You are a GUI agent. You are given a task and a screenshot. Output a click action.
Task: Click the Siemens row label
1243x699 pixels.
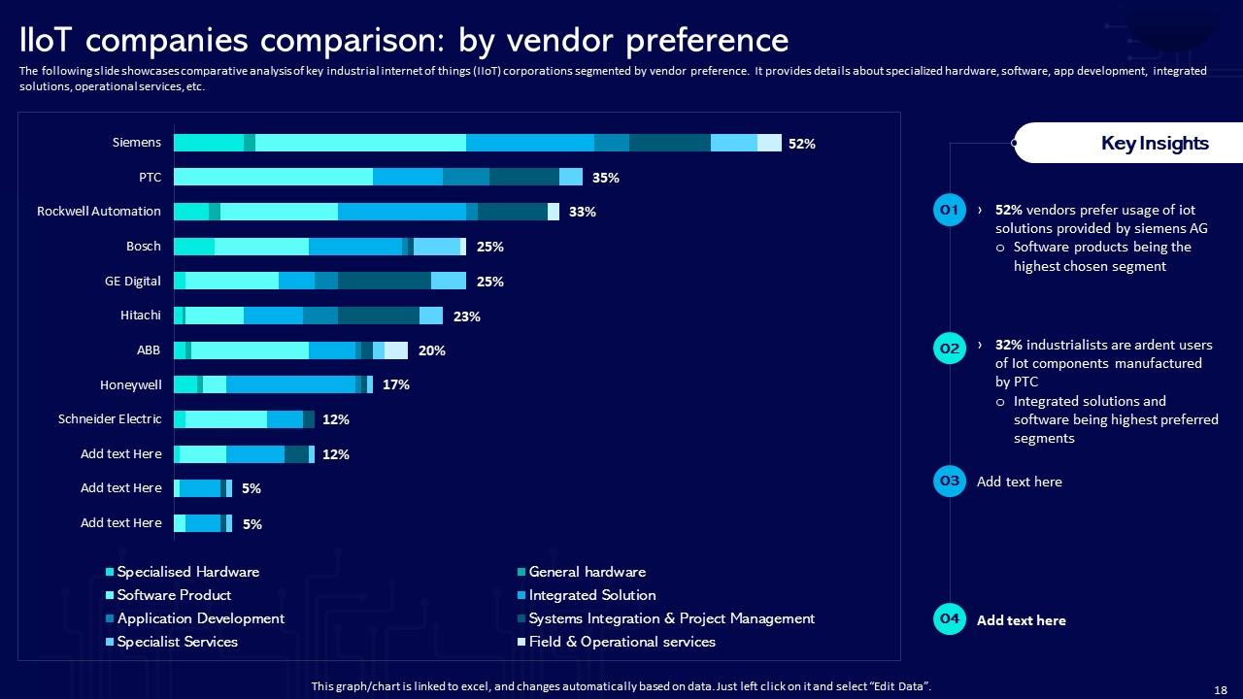[137, 143]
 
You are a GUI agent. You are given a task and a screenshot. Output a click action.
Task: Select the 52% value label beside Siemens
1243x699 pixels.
[801, 144]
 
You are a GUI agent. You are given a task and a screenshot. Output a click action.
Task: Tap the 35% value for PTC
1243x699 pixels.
[605, 178]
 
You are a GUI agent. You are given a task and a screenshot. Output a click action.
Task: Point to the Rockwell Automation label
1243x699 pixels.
[99, 212]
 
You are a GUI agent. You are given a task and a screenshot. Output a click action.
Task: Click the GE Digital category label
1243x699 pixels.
[133, 282]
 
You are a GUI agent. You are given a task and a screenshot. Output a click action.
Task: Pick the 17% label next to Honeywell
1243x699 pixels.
[395, 384]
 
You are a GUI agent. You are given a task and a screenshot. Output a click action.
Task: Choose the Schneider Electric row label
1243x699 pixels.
[110, 419]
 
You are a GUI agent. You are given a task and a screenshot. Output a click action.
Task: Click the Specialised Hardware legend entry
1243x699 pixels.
[187, 572]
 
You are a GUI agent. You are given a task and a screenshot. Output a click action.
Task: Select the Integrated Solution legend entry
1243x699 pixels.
[591, 595]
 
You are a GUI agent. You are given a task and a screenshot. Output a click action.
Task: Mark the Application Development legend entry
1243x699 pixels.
[200, 618]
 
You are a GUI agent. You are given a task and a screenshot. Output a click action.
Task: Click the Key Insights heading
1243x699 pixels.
[1155, 144]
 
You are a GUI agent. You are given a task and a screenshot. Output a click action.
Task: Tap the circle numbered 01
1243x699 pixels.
[950, 210]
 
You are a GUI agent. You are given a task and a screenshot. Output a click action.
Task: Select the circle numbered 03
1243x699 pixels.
[950, 482]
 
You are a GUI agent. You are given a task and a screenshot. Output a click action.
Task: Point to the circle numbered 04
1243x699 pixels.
[950, 619]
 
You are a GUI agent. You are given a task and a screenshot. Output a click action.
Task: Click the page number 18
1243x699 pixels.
[1221, 689]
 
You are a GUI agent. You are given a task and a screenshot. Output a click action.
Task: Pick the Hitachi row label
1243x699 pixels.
[141, 316]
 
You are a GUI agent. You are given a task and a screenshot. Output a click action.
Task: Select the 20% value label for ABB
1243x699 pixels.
[431, 350]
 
